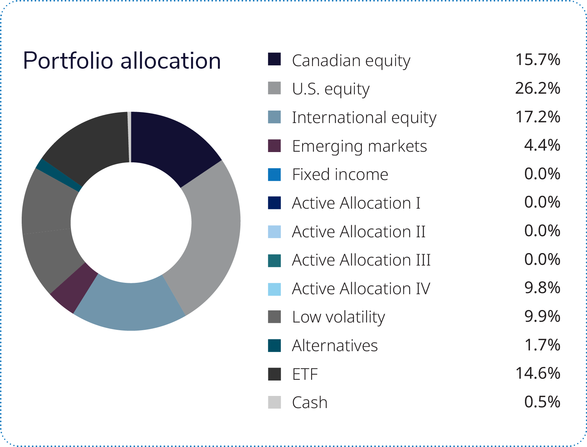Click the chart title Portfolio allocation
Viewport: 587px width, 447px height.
[x=122, y=61]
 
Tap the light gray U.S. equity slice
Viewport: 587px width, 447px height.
[x=211, y=235]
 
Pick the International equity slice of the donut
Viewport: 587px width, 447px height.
[x=130, y=304]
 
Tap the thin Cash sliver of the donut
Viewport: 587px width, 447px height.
[x=129, y=137]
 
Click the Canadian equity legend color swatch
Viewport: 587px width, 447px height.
[x=274, y=59]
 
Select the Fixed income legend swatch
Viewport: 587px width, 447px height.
[x=274, y=174]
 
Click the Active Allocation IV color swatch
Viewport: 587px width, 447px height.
[x=274, y=289]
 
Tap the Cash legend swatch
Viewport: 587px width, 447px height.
[x=274, y=403]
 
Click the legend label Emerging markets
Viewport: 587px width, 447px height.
[x=359, y=147]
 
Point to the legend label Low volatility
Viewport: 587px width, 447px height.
[x=339, y=317]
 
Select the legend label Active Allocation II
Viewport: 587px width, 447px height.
[x=359, y=231]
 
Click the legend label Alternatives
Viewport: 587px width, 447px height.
[x=335, y=346]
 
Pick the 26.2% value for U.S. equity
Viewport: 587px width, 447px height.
[x=537, y=88]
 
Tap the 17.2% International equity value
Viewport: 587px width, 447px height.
[x=537, y=117]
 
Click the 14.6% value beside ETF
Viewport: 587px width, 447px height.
[x=537, y=373]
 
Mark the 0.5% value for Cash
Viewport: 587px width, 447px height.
[x=542, y=401]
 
